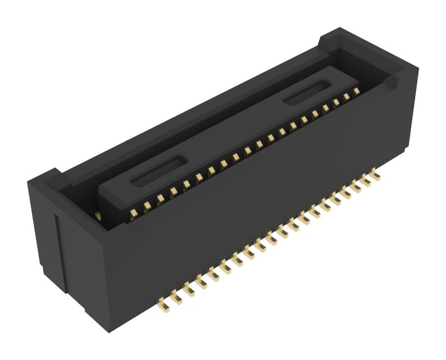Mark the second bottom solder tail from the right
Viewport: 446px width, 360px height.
[x=366, y=181]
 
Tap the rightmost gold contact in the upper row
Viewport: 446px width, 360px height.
[x=356, y=91]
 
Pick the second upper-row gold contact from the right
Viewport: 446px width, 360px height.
[x=346, y=96]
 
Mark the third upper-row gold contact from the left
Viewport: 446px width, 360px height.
[x=160, y=198]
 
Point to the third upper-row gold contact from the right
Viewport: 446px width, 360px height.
[x=336, y=102]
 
